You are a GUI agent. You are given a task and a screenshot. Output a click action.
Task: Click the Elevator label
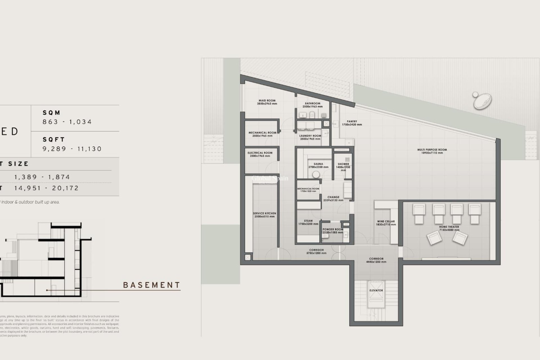tap(376, 290)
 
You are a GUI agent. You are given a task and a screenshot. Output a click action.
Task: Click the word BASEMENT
tap(152, 285)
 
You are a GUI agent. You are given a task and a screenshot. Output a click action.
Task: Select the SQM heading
tap(52, 113)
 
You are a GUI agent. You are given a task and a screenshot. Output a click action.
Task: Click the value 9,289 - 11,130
tap(72, 149)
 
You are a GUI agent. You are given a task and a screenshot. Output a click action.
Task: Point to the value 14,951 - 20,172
tap(47, 188)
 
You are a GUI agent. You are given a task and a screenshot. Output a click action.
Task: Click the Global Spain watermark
tap(270, 179)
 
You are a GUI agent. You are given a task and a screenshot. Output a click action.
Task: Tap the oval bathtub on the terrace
tap(482, 101)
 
